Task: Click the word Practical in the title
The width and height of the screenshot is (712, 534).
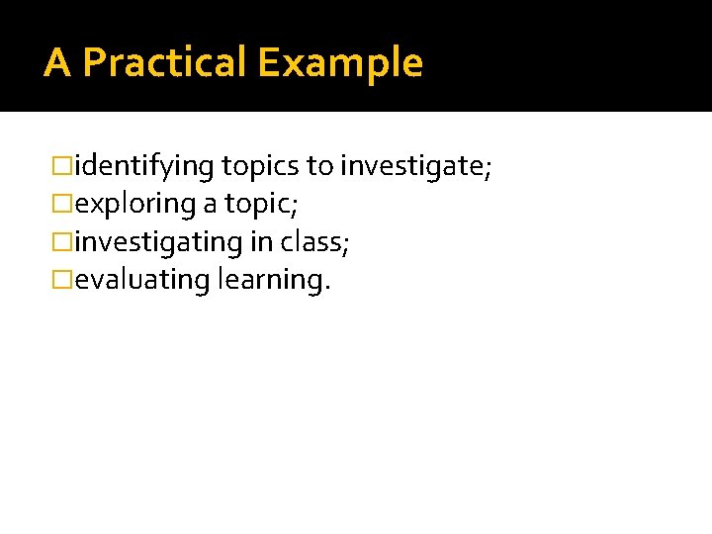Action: [x=164, y=62]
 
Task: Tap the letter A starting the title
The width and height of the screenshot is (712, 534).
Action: [x=57, y=62]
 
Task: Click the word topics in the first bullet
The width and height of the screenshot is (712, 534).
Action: [x=260, y=166]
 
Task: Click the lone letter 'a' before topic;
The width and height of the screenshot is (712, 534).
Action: [x=211, y=204]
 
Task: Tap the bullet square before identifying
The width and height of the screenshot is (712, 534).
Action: [x=64, y=166]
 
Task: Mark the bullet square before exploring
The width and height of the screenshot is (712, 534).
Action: [x=64, y=204]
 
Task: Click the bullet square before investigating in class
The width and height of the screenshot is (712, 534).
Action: [x=64, y=241]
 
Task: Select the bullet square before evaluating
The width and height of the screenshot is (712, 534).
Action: [x=64, y=280]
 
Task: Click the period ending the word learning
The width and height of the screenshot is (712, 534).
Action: [x=327, y=288]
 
